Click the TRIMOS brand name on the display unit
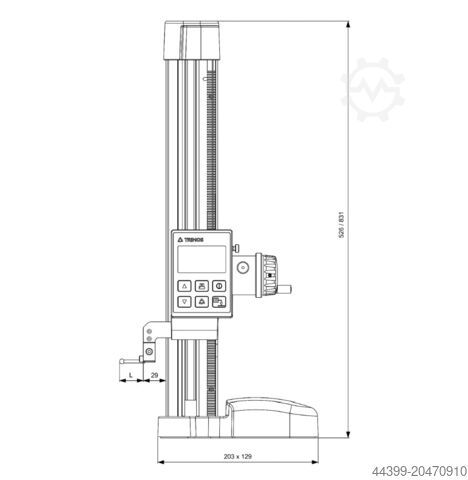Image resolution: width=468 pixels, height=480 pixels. [194, 241]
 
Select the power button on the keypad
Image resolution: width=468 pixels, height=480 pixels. [219, 283]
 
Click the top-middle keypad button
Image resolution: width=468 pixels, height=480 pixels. [202, 283]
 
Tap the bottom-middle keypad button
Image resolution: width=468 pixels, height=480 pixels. [202, 301]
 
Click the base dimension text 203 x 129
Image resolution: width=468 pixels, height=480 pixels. [238, 455]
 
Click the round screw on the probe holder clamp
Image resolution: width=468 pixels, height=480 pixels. [149, 352]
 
